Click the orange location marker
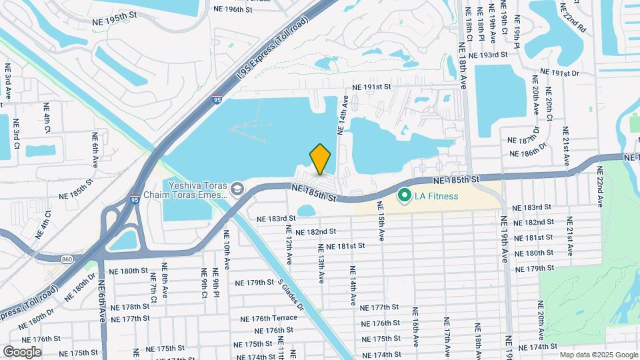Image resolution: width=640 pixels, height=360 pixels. tap(320, 159)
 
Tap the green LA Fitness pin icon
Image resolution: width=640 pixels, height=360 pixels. tap(404, 196)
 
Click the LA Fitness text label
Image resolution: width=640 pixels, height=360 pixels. tap(435, 196)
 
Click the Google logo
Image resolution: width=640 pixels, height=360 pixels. tap(22, 351)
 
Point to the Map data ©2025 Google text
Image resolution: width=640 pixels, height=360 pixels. tap(598, 355)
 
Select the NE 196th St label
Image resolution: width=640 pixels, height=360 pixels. tap(233, 10)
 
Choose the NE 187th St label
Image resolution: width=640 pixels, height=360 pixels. tap(527, 141)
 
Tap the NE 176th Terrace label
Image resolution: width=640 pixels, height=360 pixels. tap(269, 318)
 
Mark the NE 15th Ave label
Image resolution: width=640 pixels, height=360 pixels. tap(380, 226)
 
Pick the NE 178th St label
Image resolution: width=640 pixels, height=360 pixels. tap(131, 307)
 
